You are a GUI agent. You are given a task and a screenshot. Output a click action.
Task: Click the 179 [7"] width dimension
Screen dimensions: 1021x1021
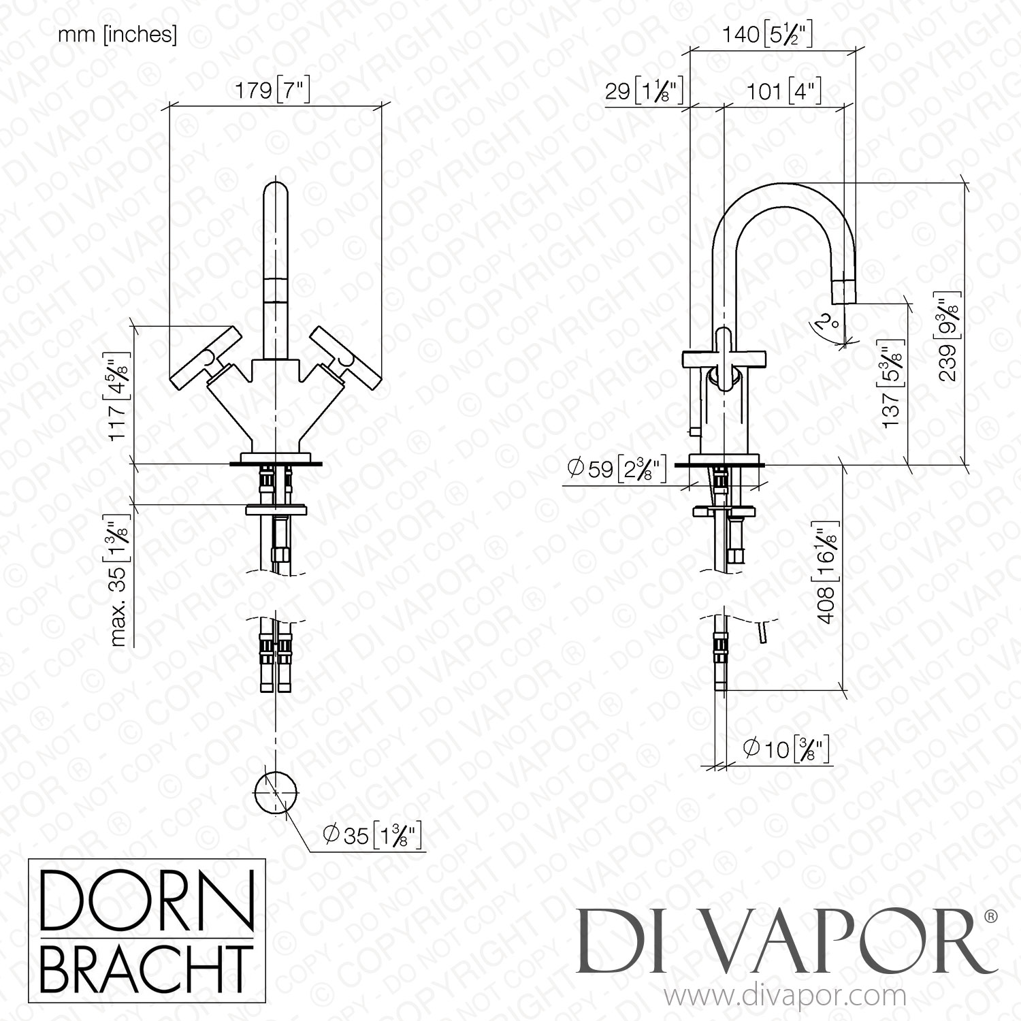272,91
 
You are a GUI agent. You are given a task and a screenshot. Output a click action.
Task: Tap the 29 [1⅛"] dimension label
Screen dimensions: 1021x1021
643,91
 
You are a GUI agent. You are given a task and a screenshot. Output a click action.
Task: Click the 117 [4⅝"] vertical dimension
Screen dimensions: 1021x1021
120,397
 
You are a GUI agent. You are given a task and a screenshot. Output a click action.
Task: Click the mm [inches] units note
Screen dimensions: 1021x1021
117,35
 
